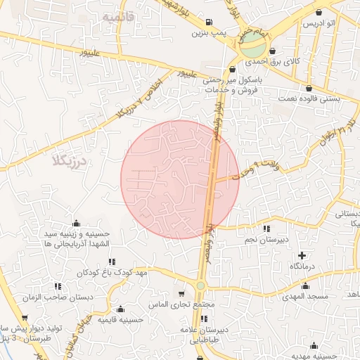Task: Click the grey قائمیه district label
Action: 117,16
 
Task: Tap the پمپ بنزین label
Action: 210,32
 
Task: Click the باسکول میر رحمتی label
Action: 232,80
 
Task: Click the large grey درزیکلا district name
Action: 67,162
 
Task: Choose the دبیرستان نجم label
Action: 267,240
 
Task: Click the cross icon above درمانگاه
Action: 302,255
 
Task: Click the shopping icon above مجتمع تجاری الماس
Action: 182,294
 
